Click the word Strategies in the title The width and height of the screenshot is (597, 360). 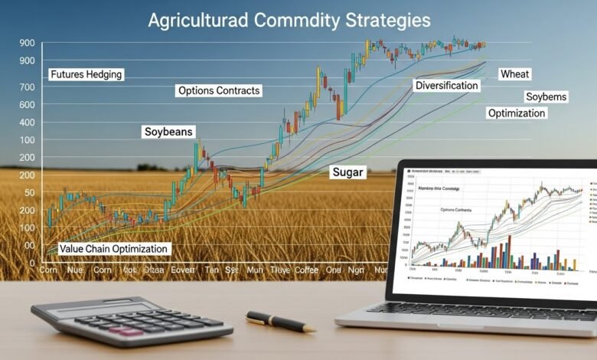(380, 19)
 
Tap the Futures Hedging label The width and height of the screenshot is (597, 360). (86, 75)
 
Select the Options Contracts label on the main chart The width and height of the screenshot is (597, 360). (219, 90)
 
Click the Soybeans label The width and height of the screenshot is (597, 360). (169, 132)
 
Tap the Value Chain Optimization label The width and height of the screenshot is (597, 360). (113, 249)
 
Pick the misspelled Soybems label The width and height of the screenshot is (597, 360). (546, 97)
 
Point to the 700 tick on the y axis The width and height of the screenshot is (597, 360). (28, 88)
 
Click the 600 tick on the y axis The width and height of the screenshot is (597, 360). (28, 105)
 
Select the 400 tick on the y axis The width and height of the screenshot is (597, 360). (28, 123)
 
